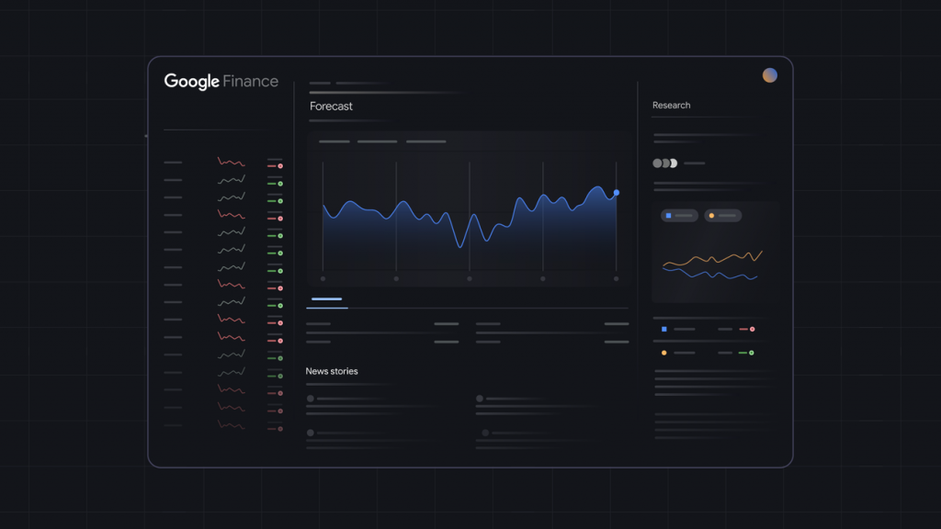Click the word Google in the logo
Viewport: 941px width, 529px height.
pyautogui.click(x=191, y=82)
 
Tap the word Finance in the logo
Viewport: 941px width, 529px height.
pyautogui.click(x=250, y=82)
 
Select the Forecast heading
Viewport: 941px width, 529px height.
pyautogui.click(x=331, y=107)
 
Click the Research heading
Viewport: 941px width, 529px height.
pyautogui.click(x=671, y=106)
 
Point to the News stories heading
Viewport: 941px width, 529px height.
pyautogui.click(x=332, y=371)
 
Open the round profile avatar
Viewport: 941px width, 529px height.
pyautogui.click(x=770, y=75)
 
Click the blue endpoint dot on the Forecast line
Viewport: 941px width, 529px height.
pyautogui.click(x=616, y=193)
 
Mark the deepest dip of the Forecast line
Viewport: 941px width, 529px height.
pyautogui.click(x=460, y=246)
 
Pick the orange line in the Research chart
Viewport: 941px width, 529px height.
pyautogui.click(x=712, y=261)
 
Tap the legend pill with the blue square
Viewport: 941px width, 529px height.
pyautogui.click(x=679, y=216)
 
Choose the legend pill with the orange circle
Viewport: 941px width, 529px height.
pyautogui.click(x=722, y=216)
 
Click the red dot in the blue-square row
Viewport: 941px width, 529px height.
pyautogui.click(x=753, y=329)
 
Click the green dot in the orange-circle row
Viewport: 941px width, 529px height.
pyautogui.click(x=752, y=353)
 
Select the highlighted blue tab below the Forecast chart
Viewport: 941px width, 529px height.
pyautogui.click(x=326, y=299)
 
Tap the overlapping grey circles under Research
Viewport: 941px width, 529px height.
pyautogui.click(x=664, y=163)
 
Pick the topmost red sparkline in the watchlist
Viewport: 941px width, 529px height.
pyautogui.click(x=231, y=163)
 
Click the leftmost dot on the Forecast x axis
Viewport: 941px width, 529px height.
pyautogui.click(x=323, y=278)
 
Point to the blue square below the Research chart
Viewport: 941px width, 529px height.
pyautogui.click(x=663, y=329)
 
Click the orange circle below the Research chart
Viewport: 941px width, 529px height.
pyautogui.click(x=663, y=353)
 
